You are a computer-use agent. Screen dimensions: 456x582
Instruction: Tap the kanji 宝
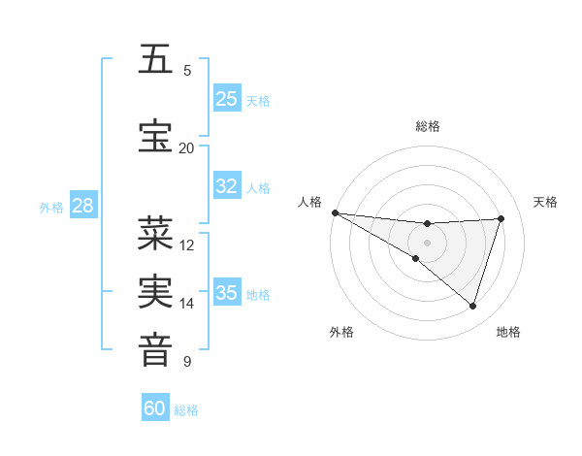[156, 135]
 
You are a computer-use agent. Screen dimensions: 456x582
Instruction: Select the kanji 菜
[156, 233]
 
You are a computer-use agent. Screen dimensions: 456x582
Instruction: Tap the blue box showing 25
[227, 98]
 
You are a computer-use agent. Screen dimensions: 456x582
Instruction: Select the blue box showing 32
[227, 186]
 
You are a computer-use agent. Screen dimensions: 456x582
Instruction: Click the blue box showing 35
[227, 293]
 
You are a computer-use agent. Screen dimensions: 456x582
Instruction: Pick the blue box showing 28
[82, 206]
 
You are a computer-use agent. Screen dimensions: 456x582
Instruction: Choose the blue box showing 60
[155, 408]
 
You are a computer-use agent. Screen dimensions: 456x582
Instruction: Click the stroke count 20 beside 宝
[186, 147]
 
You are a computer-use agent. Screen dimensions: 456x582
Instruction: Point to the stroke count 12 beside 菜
[187, 245]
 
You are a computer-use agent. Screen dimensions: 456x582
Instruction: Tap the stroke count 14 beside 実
[187, 304]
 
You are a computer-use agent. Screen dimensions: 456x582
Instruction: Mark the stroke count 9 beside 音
[187, 362]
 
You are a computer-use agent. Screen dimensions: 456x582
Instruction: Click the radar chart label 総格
[428, 126]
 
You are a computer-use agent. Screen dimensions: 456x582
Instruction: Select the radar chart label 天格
[546, 202]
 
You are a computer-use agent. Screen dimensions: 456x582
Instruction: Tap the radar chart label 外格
[341, 332]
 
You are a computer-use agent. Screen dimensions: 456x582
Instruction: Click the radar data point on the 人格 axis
[335, 212]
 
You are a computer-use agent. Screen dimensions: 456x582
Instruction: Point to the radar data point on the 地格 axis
[472, 306]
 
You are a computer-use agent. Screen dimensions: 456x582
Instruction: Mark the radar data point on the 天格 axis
[501, 218]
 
